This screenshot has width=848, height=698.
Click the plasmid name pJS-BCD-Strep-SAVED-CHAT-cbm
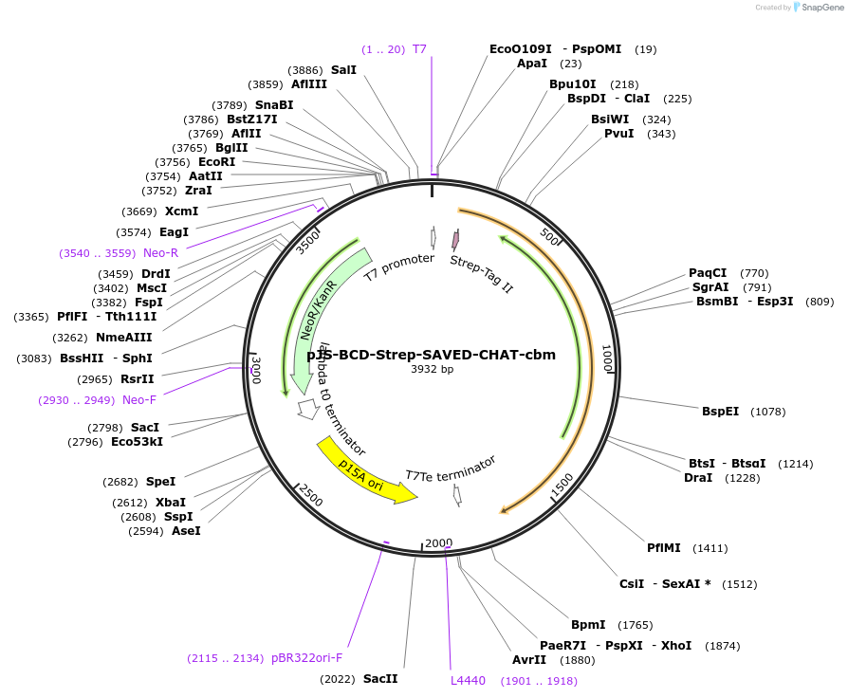(x=431, y=356)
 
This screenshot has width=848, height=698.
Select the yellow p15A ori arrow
(x=366, y=469)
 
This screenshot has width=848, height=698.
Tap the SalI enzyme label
(x=343, y=70)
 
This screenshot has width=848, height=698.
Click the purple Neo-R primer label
(x=160, y=253)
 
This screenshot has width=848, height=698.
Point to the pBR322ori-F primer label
(x=306, y=657)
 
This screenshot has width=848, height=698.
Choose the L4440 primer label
(x=468, y=680)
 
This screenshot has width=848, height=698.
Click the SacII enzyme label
(x=380, y=678)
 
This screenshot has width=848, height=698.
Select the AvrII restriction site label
(x=529, y=660)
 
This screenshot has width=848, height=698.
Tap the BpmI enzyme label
(x=588, y=624)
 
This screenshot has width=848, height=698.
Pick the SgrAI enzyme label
(x=710, y=287)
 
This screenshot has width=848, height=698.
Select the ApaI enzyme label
(x=532, y=64)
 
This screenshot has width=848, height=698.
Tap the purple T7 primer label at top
(x=419, y=48)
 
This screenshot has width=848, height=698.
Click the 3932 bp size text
(x=432, y=369)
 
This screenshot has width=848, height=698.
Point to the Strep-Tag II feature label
(x=481, y=273)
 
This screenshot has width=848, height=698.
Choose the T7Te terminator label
(x=451, y=469)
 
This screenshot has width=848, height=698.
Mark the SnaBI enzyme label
(x=274, y=104)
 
